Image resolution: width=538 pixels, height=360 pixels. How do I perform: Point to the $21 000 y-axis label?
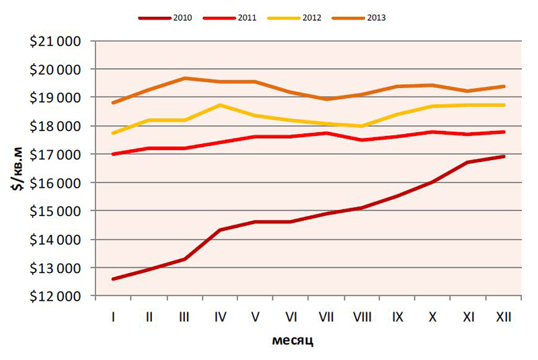(56, 41)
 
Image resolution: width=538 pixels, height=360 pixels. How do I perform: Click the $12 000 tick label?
(56, 296)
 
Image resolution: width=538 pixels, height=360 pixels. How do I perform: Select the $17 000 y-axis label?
(56, 154)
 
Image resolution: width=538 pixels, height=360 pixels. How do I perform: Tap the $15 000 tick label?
(56, 211)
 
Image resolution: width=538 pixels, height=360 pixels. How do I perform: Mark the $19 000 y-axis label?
(56, 98)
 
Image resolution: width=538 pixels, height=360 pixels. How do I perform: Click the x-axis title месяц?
(293, 340)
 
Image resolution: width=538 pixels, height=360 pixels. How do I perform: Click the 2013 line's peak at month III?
(184, 78)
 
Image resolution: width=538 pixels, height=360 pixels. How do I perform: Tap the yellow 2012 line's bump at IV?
(219, 105)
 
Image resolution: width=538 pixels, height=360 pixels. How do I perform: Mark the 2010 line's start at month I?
(112, 279)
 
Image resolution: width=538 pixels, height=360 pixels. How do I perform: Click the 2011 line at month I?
(112, 154)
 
